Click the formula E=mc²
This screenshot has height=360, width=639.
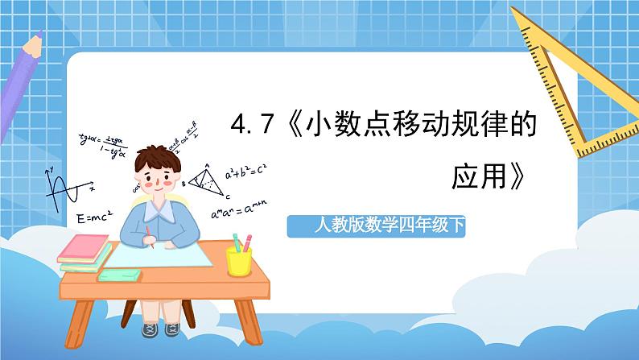click(94, 217)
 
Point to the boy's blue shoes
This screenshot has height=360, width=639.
click(161, 329)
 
